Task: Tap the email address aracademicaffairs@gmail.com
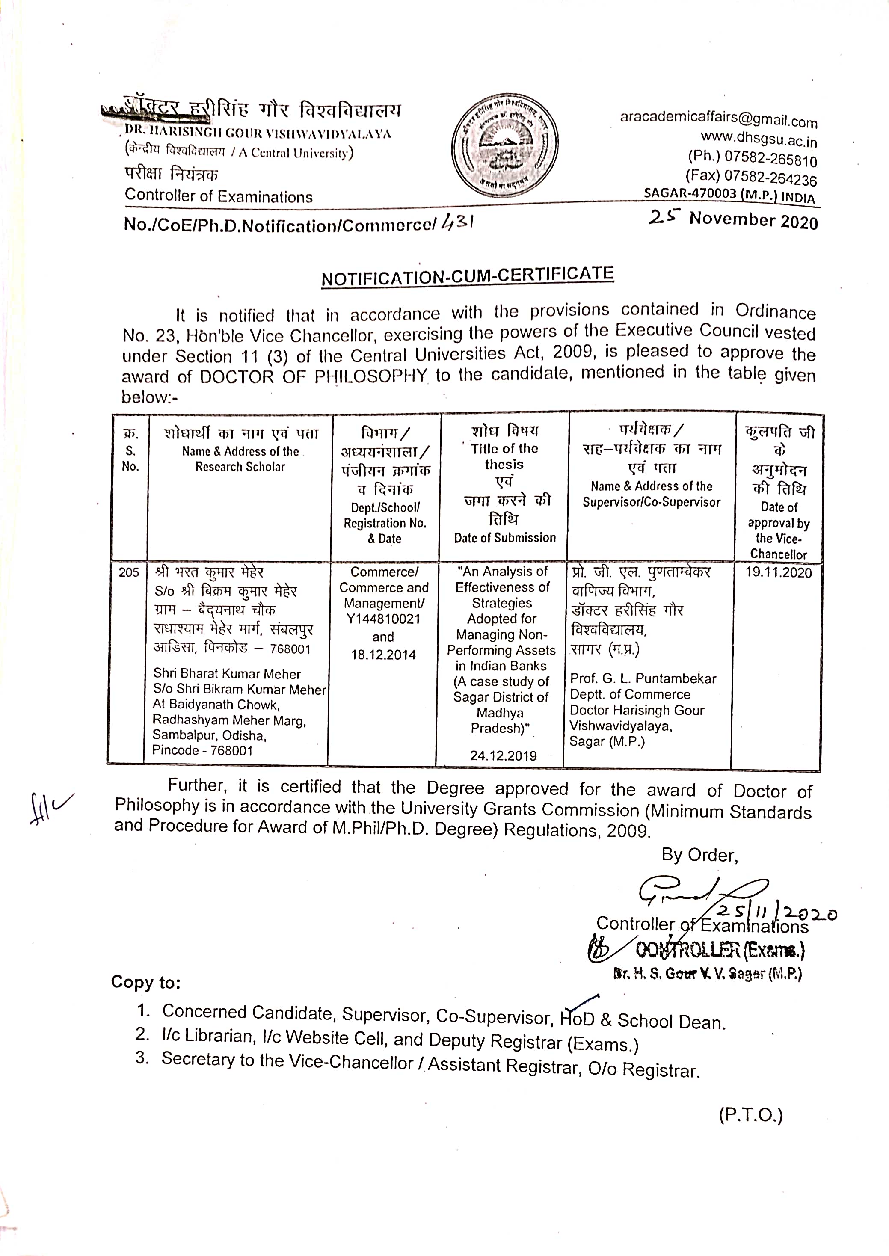[718, 119]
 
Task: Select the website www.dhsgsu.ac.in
[759, 139]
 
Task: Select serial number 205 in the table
[129, 572]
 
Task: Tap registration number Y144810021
[383, 619]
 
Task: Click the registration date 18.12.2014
[383, 655]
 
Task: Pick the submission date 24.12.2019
[503, 756]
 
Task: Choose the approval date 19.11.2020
[779, 572]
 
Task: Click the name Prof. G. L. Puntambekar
[643, 678]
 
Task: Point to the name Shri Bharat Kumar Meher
[227, 674]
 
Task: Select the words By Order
[699, 856]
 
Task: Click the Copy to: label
[145, 982]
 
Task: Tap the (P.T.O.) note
[750, 1115]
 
